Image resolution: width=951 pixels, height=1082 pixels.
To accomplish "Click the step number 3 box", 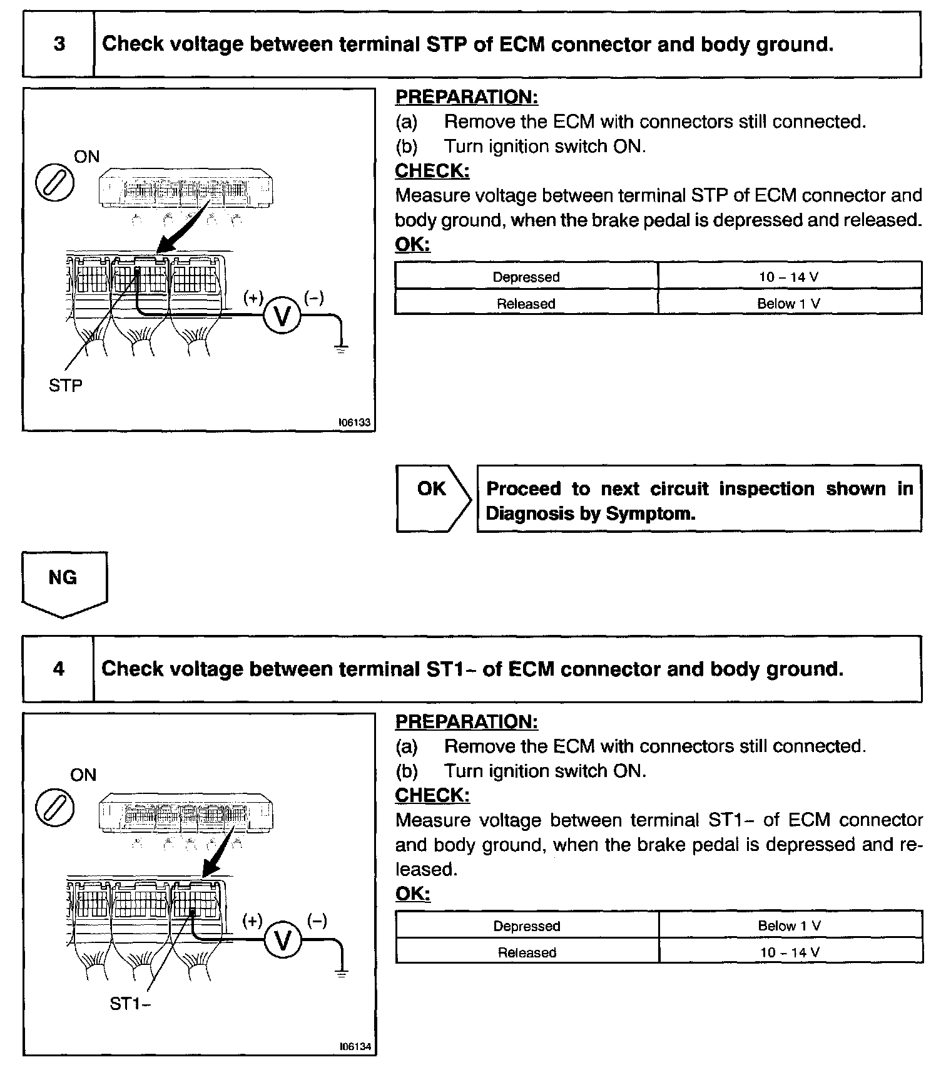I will click(59, 44).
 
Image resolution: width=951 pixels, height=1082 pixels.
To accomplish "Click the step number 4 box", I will click(59, 669).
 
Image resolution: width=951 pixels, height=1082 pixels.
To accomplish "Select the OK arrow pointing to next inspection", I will click(433, 498).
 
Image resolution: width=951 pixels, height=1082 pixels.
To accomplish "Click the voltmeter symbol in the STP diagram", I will click(282, 316).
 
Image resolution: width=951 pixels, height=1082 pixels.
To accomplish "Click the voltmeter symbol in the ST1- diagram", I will click(283, 940).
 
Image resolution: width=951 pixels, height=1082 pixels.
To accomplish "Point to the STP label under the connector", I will click(65, 386).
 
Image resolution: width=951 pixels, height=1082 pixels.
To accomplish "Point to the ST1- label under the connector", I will click(130, 1004).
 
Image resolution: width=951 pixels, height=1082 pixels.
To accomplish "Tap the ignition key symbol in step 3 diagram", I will click(54, 184).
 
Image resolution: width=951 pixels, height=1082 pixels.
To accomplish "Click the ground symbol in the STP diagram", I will click(341, 348).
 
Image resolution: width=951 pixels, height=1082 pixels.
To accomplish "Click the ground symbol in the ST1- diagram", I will click(341, 972).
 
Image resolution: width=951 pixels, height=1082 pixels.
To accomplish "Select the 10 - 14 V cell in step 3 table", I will click(789, 277).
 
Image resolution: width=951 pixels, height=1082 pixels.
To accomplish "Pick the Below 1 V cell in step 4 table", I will click(790, 925).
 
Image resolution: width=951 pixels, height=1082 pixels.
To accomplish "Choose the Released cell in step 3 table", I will click(526, 304).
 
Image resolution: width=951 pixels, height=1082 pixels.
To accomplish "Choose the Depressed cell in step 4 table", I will click(527, 925).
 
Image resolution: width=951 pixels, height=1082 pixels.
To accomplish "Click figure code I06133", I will click(354, 423).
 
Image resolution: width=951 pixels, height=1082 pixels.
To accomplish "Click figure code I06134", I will click(355, 1046).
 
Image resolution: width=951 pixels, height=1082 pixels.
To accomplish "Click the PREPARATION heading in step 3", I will click(466, 97).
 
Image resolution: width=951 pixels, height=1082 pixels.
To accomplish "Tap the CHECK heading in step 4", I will click(432, 795).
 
